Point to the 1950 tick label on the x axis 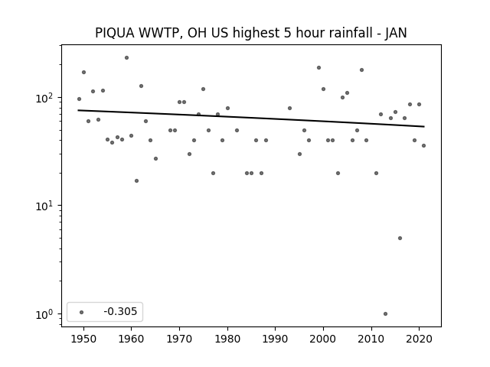click(x=83, y=339)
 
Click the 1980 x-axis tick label click(x=227, y=339)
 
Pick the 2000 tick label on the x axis click(x=323, y=339)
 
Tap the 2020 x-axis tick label click(x=420, y=339)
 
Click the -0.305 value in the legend click(x=120, y=311)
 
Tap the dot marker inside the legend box click(x=82, y=312)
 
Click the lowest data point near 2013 click(x=385, y=314)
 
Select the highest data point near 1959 click(x=126, y=58)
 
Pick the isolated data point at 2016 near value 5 click(x=400, y=238)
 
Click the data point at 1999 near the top click(x=318, y=68)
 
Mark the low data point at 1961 click(x=136, y=180)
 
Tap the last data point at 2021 click(x=423, y=146)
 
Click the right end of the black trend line click(x=424, y=126)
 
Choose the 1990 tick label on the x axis click(x=276, y=339)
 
